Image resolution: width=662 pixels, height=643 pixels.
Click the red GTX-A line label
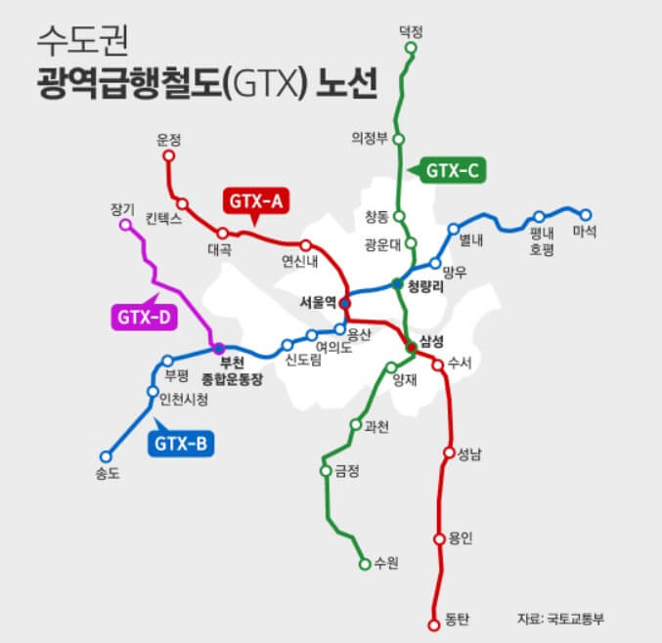[255, 201]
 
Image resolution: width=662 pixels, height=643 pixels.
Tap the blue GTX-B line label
[182, 445]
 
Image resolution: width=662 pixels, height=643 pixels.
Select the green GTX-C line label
[452, 172]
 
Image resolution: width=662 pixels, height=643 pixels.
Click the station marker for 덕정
[411, 46]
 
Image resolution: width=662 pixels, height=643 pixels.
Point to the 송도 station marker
[107, 455]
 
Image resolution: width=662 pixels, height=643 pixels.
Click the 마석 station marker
[586, 214]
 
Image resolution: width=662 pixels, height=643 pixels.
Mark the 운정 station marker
[169, 155]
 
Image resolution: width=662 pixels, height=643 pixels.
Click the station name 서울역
[319, 302]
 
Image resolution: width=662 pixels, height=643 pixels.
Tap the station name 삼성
[431, 340]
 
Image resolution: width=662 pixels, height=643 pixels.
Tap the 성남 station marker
[449, 453]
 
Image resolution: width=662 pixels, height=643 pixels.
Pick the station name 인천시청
[183, 400]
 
